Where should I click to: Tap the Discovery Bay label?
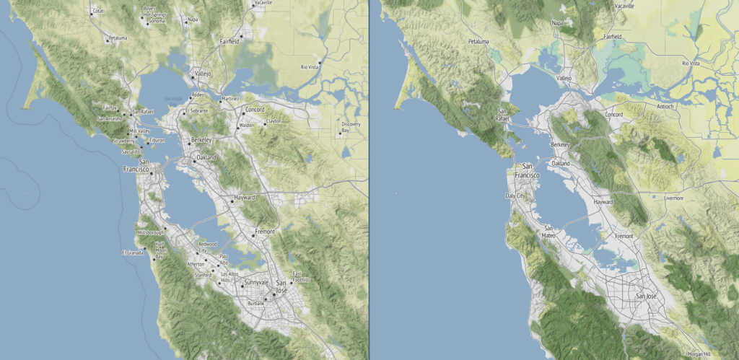click(x=351, y=127)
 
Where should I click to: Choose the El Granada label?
click(x=134, y=253)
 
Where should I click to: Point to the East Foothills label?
click(x=301, y=276)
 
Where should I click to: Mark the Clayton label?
click(x=273, y=120)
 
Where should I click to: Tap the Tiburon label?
click(x=157, y=140)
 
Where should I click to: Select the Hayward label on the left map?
click(x=245, y=196)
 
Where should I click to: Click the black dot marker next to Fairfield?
click(x=242, y=35)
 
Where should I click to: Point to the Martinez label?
click(x=231, y=99)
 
